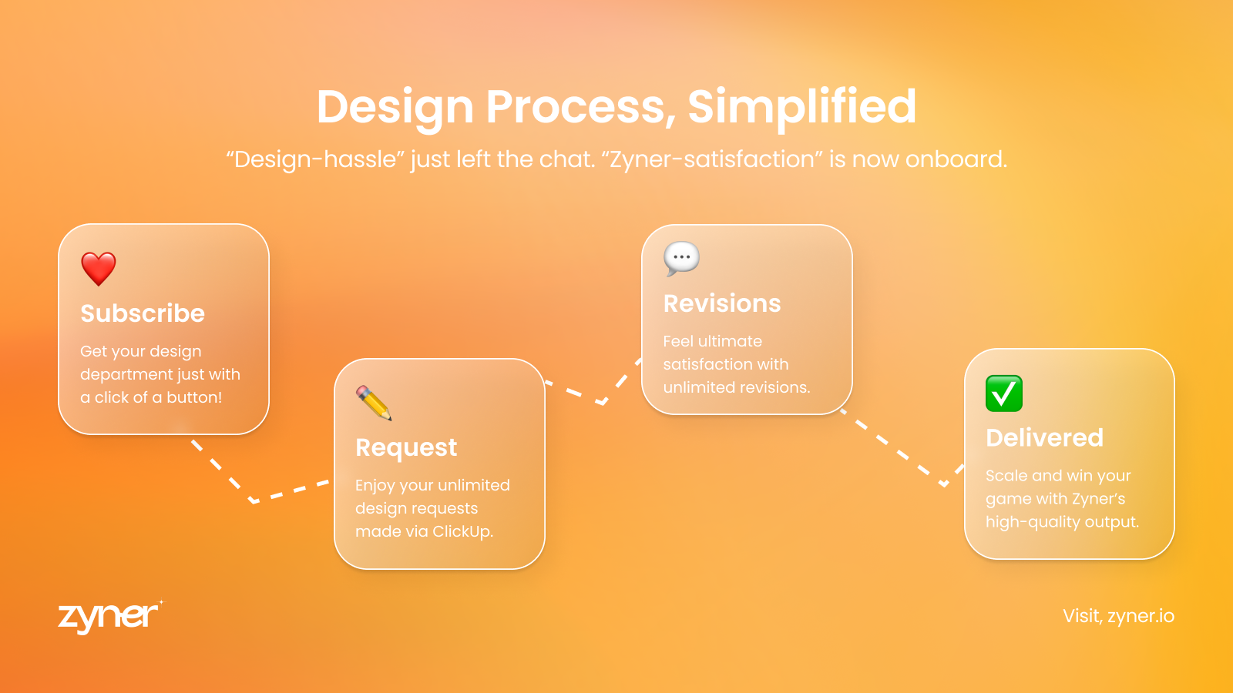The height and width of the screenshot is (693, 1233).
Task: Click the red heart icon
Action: [99, 269]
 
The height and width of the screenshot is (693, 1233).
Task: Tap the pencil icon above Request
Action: [374, 403]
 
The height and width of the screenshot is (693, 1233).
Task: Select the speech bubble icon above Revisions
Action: [681, 259]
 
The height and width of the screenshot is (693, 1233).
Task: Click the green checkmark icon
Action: [1004, 393]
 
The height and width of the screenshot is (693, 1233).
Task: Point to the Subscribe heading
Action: [143, 313]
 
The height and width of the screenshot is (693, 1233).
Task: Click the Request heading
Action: [406, 447]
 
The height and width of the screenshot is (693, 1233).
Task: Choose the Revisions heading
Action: [722, 303]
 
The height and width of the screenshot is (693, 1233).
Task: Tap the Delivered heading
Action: [1045, 438]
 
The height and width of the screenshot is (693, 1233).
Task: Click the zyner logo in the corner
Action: [111, 617]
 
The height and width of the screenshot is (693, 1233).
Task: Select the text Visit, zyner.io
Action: [1118, 616]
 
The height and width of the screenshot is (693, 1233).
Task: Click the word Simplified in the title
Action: [802, 107]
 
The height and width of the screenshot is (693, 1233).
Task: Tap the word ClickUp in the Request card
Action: [462, 531]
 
